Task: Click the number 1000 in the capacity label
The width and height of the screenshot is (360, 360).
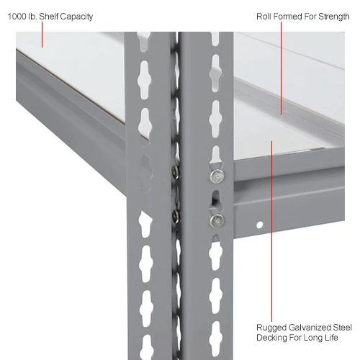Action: (x=17, y=17)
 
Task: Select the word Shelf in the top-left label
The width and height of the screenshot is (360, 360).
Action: (x=49, y=17)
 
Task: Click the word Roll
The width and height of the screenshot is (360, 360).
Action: (x=264, y=17)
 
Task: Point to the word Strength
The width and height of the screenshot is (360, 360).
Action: (x=333, y=17)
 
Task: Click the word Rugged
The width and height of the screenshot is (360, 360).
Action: (x=271, y=328)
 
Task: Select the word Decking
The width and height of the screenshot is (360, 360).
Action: (x=271, y=338)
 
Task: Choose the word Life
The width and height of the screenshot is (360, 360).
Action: (x=331, y=338)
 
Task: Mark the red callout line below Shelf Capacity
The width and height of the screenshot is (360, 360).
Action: (x=42, y=35)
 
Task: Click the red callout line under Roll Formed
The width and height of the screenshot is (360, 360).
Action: (x=282, y=68)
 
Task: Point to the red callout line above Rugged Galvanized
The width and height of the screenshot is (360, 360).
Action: (x=271, y=231)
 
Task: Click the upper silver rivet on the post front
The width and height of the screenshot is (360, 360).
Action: (x=217, y=176)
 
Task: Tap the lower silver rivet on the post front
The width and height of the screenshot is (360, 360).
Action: (x=217, y=220)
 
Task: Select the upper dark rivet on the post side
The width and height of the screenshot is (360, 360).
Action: (x=176, y=172)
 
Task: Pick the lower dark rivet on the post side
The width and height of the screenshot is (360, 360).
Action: (x=176, y=216)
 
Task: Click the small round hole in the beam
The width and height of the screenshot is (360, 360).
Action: (x=260, y=225)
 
